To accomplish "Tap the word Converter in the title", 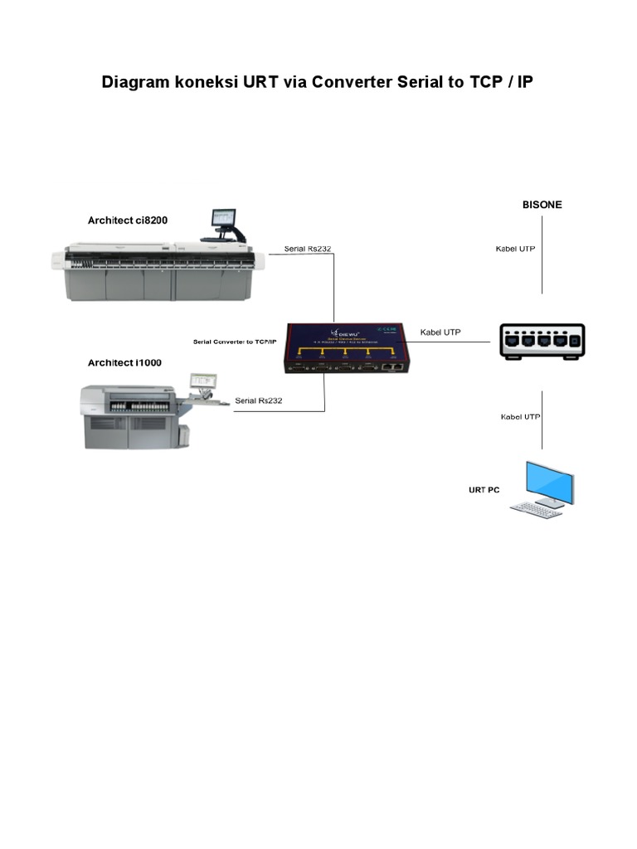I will (354, 82).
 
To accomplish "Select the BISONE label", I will (542, 204).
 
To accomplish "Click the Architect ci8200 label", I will (127, 220).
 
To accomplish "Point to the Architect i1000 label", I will (124, 363).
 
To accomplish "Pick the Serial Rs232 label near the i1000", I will (259, 400).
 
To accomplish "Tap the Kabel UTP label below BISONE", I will (515, 249).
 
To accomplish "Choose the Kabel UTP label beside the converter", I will (440, 332).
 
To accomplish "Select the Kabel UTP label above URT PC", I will (520, 416).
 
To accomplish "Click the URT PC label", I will (484, 490).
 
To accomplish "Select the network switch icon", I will (542, 340).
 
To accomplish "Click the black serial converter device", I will (349, 347).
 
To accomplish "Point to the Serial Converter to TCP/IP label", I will (234, 342).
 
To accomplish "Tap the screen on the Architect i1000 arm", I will (202, 381).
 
